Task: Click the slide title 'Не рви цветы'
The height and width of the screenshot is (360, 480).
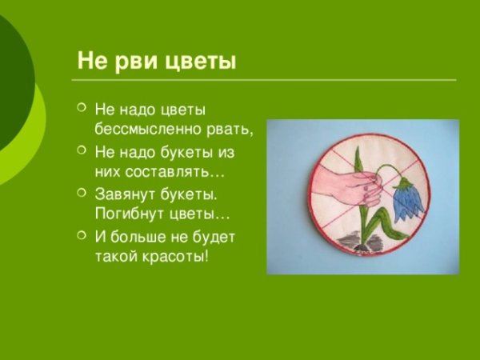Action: coord(156,62)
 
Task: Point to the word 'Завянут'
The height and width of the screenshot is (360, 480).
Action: coord(121,195)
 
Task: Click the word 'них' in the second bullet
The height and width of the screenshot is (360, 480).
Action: coord(106,172)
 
